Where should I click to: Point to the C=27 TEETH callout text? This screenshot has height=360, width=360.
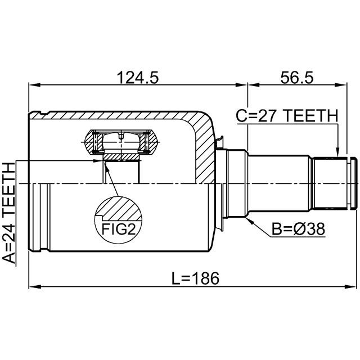coord(287,116)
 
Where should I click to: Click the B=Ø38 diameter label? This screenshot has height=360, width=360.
coord(299,229)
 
